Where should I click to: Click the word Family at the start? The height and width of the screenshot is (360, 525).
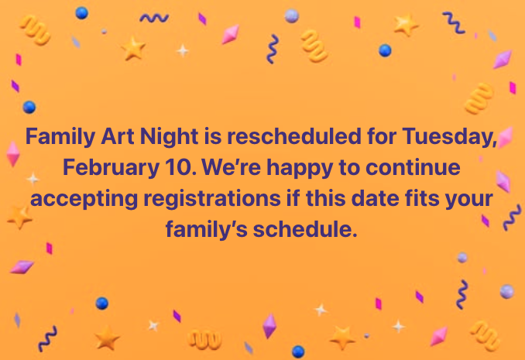click(x=61, y=137)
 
